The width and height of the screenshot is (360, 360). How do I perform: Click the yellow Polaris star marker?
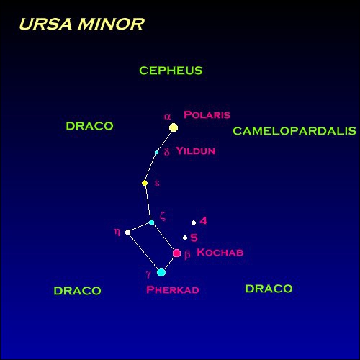pyautogui.click(x=174, y=127)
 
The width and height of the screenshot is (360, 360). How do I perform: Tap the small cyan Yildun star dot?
pyautogui.click(x=157, y=153)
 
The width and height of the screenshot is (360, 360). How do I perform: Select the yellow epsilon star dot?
pyautogui.click(x=145, y=184)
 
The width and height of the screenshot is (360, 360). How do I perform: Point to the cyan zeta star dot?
pyautogui.click(x=151, y=222)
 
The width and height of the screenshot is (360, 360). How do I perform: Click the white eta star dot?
pyautogui.click(x=128, y=233)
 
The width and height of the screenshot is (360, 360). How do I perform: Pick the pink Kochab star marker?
pyautogui.click(x=177, y=253)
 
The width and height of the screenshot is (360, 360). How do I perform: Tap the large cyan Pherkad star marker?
pyautogui.click(x=161, y=272)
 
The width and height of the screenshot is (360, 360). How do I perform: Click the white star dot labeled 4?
pyautogui.click(x=194, y=222)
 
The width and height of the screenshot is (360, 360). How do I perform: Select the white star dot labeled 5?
pyautogui.click(x=185, y=238)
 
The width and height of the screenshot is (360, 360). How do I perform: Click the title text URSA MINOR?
pyautogui.click(x=81, y=24)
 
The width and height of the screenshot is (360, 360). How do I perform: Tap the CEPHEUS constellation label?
pyautogui.click(x=171, y=71)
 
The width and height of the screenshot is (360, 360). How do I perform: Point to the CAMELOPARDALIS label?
pyautogui.click(x=294, y=131)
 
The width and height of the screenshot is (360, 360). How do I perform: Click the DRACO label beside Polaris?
pyautogui.click(x=89, y=126)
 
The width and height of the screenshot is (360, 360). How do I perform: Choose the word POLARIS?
pyautogui.click(x=207, y=114)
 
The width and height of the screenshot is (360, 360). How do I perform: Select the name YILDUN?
pyautogui.click(x=196, y=150)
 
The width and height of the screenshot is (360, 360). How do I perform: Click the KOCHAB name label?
pyautogui.click(x=220, y=252)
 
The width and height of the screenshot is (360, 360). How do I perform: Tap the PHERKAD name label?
pyautogui.click(x=173, y=289)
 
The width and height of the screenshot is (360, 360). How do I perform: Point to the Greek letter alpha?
pyautogui.click(x=168, y=117)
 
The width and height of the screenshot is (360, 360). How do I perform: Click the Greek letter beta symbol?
pyautogui.click(x=187, y=255)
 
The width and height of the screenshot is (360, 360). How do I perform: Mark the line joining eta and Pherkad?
pyautogui.click(x=145, y=252)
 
